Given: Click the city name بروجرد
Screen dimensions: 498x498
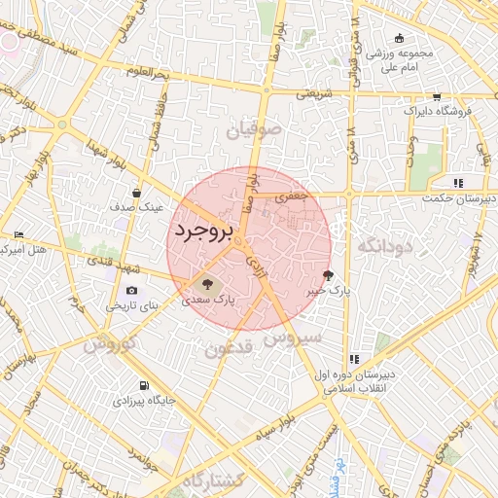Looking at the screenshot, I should (x=206, y=231).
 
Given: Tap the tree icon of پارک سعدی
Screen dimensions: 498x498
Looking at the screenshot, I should (x=204, y=284).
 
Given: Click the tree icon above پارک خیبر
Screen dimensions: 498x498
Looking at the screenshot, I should (x=327, y=275).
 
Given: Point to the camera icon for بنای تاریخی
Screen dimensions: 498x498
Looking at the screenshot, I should (x=132, y=290).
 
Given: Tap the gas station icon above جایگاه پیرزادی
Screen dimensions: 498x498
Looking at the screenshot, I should (x=145, y=385).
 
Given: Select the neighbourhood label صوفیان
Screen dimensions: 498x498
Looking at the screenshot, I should (x=255, y=127).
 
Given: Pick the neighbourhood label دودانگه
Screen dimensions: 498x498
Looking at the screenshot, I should (x=385, y=246).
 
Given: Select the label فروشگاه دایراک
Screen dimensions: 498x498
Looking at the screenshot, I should (x=436, y=112).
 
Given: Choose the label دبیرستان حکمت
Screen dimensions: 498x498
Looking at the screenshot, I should (x=458, y=197).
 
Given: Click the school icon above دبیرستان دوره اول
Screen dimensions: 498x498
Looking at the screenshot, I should (x=355, y=358).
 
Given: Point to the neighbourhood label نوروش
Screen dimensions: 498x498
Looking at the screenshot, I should (x=106, y=344).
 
